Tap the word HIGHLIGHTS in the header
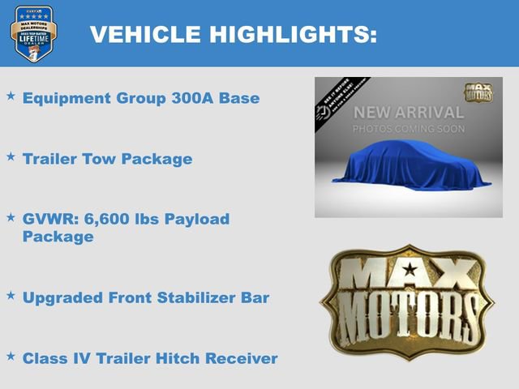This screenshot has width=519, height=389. tap(290, 35)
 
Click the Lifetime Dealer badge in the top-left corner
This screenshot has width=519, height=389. tap(33, 34)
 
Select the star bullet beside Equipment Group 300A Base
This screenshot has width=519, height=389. tap(11, 96)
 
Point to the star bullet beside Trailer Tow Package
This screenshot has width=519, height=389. tap(11, 156)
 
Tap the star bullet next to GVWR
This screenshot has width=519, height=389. tap(11, 217)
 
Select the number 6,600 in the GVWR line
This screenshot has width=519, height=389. tap(101, 220)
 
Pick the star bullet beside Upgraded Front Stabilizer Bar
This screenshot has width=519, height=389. tap(11, 295)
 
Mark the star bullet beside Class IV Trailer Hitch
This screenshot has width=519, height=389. tap(11, 356)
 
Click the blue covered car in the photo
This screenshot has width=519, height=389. tap(408, 166)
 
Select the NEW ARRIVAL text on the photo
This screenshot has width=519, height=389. tap(408, 113)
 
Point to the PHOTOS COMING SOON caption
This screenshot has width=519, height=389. tap(408, 129)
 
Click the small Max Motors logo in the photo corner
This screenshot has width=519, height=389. tap(478, 92)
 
